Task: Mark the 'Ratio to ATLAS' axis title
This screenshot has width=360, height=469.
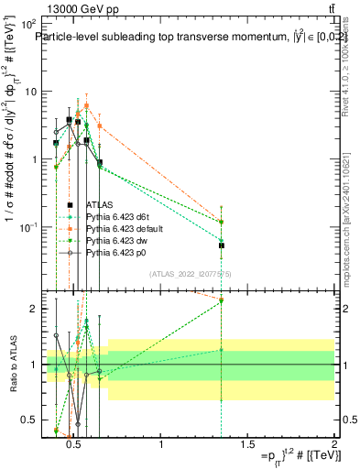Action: (12, 364)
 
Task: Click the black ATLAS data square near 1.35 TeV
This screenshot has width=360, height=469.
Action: (221, 245)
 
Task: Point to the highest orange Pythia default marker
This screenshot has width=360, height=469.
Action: (86, 105)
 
